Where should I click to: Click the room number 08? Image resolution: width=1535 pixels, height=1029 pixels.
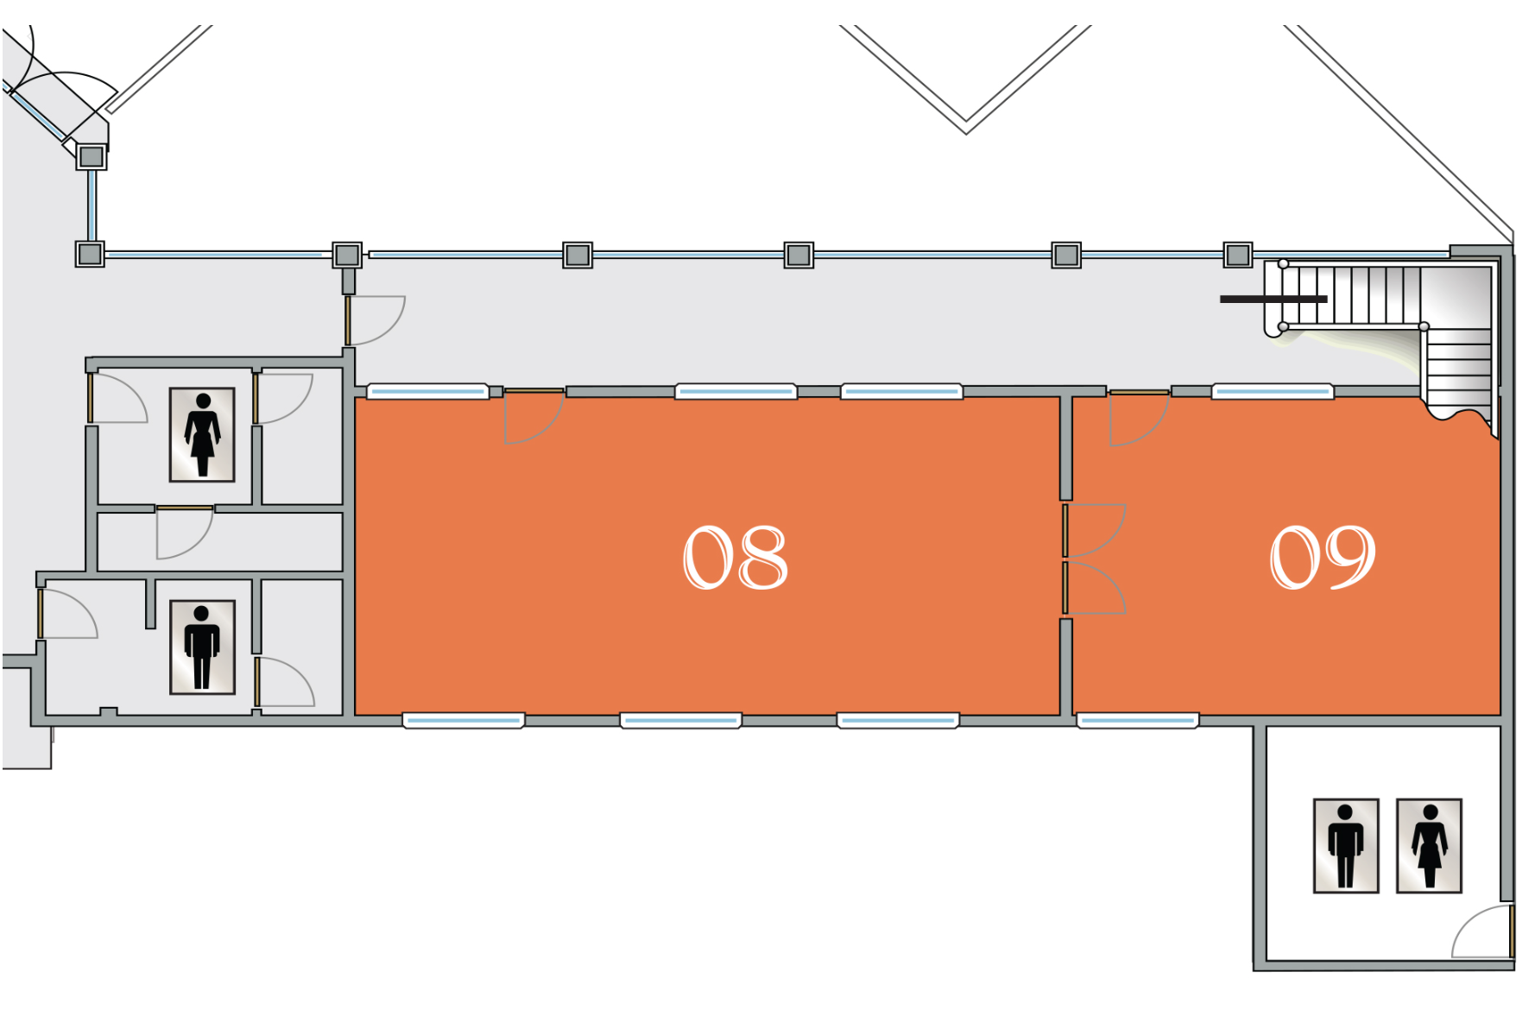click(x=735, y=558)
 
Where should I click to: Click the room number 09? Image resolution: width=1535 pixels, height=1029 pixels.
click(x=1322, y=558)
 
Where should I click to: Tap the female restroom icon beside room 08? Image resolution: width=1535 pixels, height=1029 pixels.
click(x=202, y=434)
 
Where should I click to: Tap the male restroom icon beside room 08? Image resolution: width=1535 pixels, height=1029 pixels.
click(x=202, y=647)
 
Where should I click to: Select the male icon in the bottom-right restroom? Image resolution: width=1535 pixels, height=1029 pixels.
click(x=1345, y=845)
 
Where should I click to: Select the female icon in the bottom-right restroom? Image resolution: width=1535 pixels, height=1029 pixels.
click(x=1429, y=845)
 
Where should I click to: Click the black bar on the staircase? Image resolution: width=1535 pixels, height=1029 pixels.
click(x=1273, y=299)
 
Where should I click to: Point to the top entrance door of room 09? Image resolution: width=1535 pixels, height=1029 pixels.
click(x=1136, y=418)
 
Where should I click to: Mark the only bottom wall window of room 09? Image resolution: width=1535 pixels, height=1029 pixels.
click(x=1138, y=720)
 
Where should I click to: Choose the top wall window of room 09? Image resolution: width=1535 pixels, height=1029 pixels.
click(x=1273, y=392)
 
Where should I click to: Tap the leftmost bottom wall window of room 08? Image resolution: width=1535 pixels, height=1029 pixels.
click(x=464, y=720)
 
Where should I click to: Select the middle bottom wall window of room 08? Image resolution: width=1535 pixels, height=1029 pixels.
click(x=680, y=720)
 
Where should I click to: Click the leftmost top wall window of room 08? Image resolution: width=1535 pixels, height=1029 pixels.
click(x=428, y=392)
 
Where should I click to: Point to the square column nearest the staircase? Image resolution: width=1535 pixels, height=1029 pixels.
click(x=1237, y=255)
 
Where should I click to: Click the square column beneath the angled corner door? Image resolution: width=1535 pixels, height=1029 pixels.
click(x=92, y=157)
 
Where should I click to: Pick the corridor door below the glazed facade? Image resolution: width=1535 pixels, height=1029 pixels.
click(x=375, y=319)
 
